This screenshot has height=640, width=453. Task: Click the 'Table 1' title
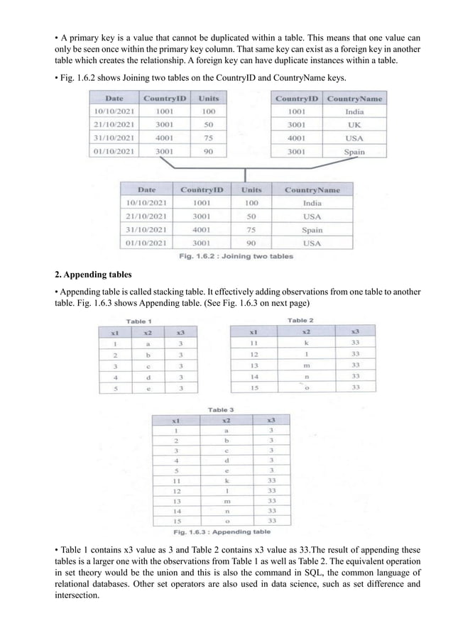[140, 321]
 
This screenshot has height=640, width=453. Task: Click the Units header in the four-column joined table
[251, 189]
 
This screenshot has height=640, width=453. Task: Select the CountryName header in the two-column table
[354, 99]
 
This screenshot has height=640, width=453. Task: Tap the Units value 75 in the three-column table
[208, 138]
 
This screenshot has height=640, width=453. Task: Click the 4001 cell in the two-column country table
[296, 138]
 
